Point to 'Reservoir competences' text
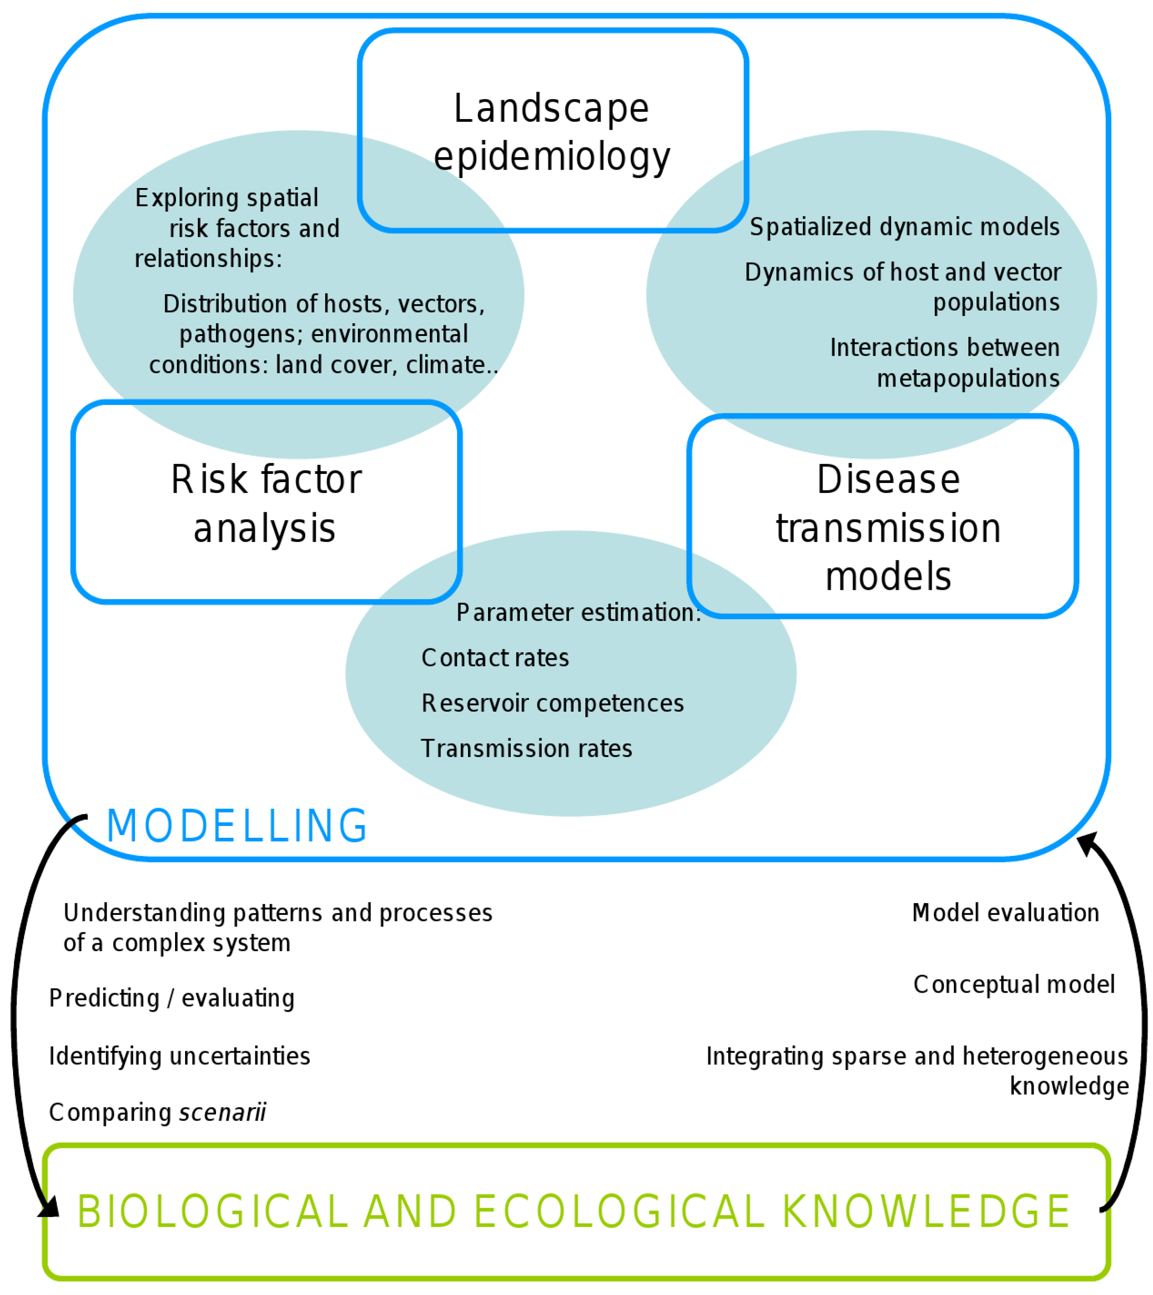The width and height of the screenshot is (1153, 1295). click(553, 703)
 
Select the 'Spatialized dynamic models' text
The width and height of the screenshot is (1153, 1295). click(905, 227)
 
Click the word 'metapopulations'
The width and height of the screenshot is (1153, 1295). click(968, 378)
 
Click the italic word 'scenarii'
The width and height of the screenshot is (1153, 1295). click(223, 1113)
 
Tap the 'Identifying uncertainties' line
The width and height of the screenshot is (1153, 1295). click(179, 1056)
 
